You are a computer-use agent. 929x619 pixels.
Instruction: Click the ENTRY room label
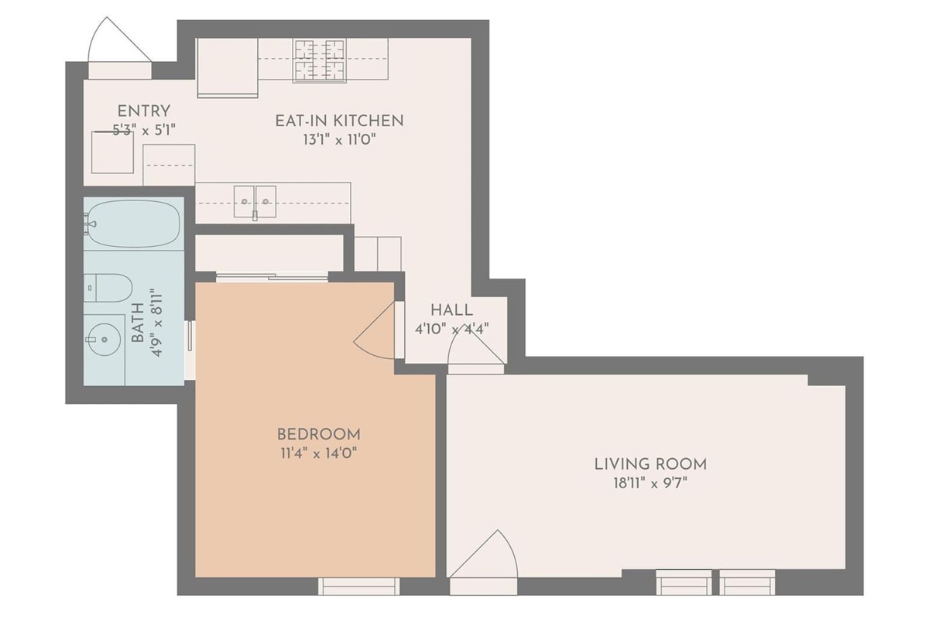pos(144,111)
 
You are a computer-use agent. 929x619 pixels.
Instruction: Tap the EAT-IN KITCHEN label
pos(339,121)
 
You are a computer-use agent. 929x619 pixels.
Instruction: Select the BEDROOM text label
pos(318,435)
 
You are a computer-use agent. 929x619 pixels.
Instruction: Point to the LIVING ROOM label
pos(650,464)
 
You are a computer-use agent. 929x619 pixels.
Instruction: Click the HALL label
pos(451,310)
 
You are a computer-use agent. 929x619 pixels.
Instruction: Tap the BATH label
pos(138,323)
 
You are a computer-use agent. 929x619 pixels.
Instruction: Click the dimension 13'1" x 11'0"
pos(339,140)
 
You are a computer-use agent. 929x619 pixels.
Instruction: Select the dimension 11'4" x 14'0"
pos(318,453)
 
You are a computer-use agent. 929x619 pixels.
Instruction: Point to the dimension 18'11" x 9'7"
pos(650,484)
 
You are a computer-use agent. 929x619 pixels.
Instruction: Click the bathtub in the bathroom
pos(133,224)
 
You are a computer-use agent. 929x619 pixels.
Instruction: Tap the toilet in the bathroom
pos(108,288)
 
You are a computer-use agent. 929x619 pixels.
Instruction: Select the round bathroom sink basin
pos(105,340)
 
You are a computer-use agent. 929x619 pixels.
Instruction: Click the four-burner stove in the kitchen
pos(319,60)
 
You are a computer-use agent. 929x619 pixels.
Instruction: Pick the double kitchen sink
pos(255,201)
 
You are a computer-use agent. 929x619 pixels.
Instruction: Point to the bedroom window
pos(359,587)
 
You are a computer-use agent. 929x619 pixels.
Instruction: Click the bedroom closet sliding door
pos(272,277)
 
